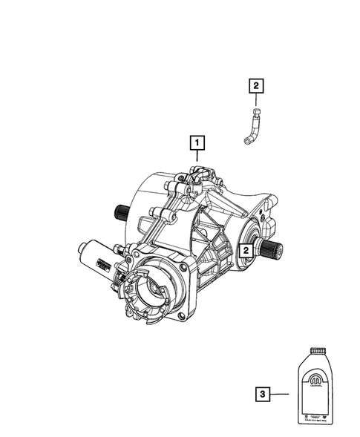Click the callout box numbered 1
197,140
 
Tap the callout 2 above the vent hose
255,88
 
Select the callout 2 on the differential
243,252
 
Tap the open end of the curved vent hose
244,144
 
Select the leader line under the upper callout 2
255,101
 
